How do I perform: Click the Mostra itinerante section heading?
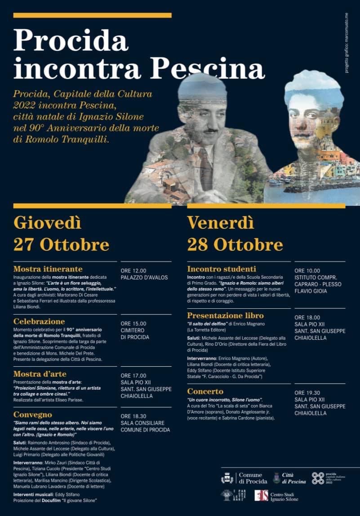point(48,269)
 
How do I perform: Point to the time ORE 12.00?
point(133,271)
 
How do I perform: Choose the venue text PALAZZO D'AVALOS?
point(143,278)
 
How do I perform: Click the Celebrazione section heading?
point(39,321)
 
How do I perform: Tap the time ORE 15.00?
point(133,323)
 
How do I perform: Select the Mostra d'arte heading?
point(40,374)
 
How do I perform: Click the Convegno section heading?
point(33,414)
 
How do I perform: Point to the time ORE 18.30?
point(133,416)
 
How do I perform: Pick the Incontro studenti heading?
point(222,269)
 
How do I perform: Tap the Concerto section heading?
point(205,391)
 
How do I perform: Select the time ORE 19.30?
point(307,392)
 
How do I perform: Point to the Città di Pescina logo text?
point(294,478)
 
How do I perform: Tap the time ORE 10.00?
point(307,271)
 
